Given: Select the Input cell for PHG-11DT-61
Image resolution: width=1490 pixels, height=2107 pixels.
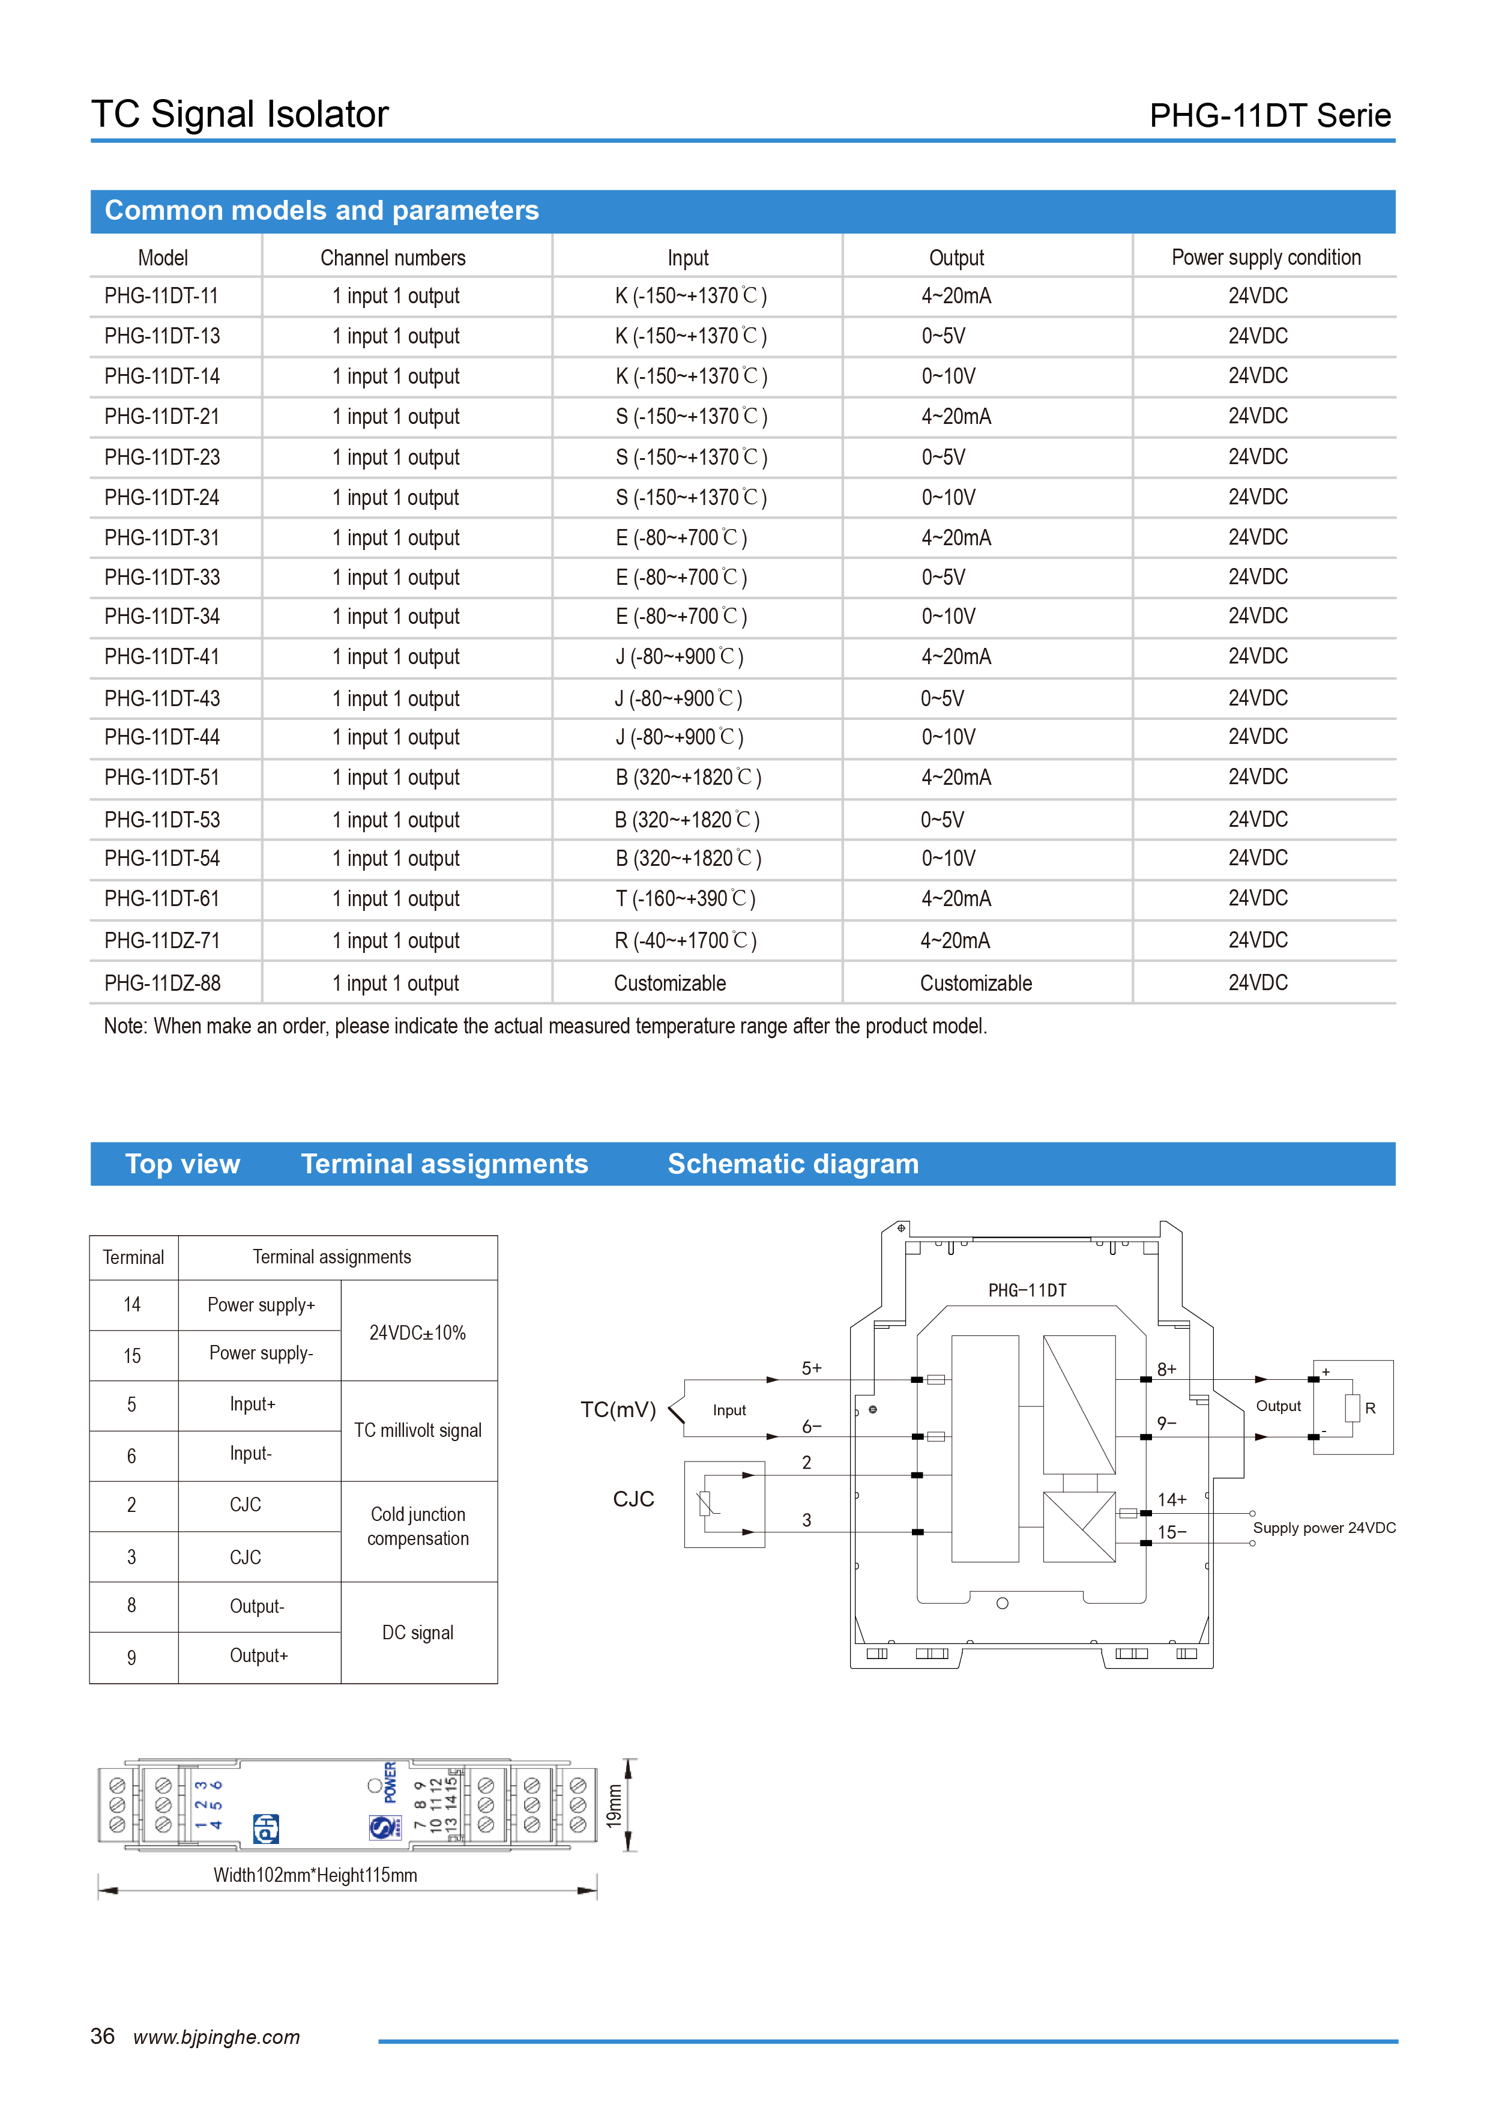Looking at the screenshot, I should (x=686, y=898).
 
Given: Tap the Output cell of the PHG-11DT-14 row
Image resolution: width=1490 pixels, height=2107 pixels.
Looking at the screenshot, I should (x=949, y=376).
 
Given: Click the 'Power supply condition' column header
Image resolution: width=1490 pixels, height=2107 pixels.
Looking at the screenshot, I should (x=1265, y=258).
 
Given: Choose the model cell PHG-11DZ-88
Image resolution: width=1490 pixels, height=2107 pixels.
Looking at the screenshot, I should (x=163, y=983).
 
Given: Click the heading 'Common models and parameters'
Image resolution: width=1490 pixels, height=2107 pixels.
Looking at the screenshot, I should (x=321, y=210).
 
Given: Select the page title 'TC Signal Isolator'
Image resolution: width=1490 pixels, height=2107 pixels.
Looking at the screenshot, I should (x=240, y=115).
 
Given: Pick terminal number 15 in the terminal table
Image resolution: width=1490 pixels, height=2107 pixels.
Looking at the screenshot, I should (x=132, y=1355).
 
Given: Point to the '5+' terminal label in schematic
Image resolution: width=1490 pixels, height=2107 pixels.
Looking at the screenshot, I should (x=811, y=1368).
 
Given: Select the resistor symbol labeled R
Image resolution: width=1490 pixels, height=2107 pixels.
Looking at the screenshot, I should (x=1351, y=1407).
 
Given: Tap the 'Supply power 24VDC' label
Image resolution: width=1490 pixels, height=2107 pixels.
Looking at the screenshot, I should (x=1324, y=1528).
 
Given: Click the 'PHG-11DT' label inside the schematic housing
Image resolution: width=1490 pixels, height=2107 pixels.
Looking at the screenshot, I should (x=1027, y=1290).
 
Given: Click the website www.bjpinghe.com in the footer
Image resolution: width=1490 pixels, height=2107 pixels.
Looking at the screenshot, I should (x=217, y=2037).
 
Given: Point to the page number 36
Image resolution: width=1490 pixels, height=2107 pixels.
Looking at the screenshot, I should (x=102, y=2036).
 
